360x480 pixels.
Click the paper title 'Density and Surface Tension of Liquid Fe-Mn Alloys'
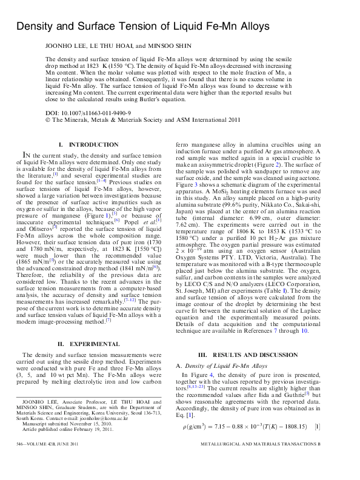[x=142, y=27]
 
